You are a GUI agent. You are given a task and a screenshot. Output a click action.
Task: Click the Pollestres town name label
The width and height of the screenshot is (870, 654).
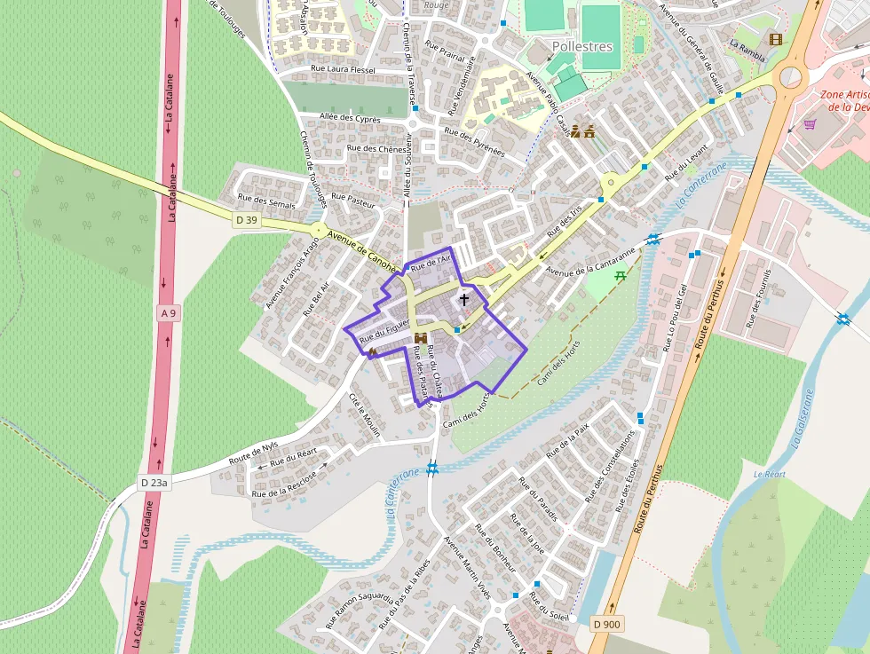582,45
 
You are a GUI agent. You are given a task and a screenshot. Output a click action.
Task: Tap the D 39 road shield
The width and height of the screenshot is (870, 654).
247,219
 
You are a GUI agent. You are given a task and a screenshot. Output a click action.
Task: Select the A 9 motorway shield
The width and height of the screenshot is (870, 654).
169,313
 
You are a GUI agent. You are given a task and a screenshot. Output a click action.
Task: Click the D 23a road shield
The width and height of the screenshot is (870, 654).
154,483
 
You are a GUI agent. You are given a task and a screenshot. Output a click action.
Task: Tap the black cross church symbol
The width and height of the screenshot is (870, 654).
463,301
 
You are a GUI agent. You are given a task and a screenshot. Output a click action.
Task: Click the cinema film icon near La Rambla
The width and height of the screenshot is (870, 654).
777,39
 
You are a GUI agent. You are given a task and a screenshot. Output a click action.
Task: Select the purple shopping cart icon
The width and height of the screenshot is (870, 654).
810,124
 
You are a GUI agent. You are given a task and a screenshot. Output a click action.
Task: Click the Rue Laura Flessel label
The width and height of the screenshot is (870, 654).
343,69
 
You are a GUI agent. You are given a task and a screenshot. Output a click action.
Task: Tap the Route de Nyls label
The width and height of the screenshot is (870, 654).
253,453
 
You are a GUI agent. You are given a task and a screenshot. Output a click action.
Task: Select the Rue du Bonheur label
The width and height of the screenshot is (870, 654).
495,546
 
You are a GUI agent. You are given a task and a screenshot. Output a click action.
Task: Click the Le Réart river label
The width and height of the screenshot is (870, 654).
770,475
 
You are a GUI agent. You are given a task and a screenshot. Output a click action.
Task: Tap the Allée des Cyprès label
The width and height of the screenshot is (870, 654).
350,118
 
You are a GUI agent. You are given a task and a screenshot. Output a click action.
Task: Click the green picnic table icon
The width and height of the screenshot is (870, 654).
621,276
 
